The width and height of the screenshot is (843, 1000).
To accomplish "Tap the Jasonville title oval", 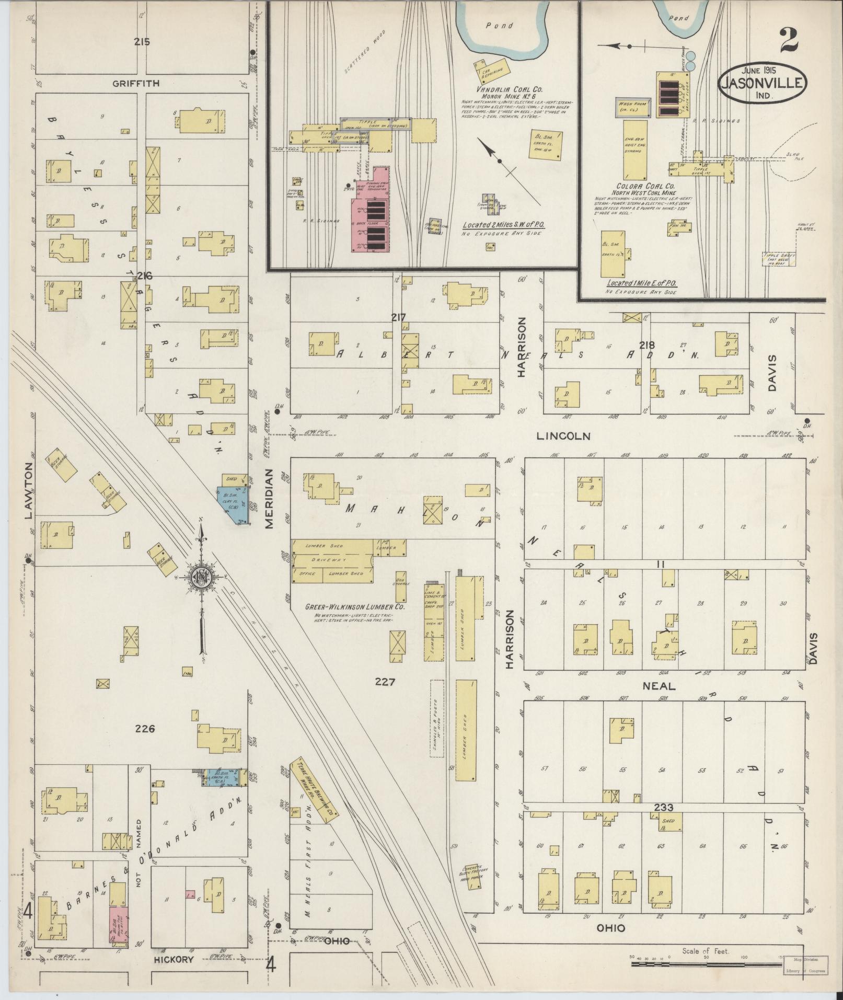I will pyautogui.click(x=763, y=84).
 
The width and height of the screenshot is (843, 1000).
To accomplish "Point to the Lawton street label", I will pyautogui.click(x=29, y=490).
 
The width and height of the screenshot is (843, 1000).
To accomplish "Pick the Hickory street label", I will pyautogui.click(x=175, y=959).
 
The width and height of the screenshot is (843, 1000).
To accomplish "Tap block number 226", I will pyautogui.click(x=145, y=728).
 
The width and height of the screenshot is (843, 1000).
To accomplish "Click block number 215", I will pyautogui.click(x=142, y=42).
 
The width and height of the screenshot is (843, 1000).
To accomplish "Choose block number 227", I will pyautogui.click(x=385, y=682).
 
